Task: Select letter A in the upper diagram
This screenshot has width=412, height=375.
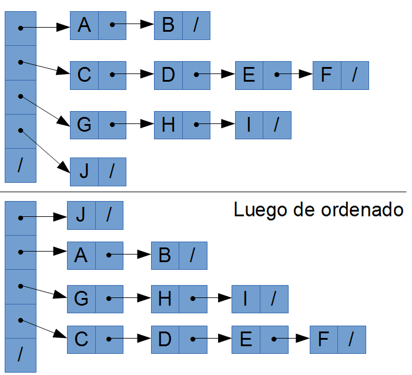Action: [84, 25]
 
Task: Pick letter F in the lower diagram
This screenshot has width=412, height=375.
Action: [323, 339]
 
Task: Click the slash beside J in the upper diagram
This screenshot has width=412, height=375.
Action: [112, 172]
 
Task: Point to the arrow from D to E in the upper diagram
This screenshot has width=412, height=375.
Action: [215, 75]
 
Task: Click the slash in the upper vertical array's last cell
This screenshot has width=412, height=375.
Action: [20, 165]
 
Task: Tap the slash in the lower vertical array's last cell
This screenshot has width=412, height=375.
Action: [20, 354]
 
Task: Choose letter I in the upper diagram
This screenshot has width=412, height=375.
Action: [249, 125]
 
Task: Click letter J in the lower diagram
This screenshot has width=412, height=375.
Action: [81, 215]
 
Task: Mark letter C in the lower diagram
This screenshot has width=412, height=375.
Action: [81, 339]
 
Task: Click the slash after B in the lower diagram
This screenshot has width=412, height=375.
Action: [193, 255]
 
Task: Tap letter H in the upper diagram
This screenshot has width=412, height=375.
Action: [168, 125]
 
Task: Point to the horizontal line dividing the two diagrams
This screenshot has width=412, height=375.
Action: [206, 192]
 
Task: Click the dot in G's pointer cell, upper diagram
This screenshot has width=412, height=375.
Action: [112, 125]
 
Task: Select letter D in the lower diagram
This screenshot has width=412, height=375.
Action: [165, 339]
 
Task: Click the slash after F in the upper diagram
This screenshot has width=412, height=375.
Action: [354, 75]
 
